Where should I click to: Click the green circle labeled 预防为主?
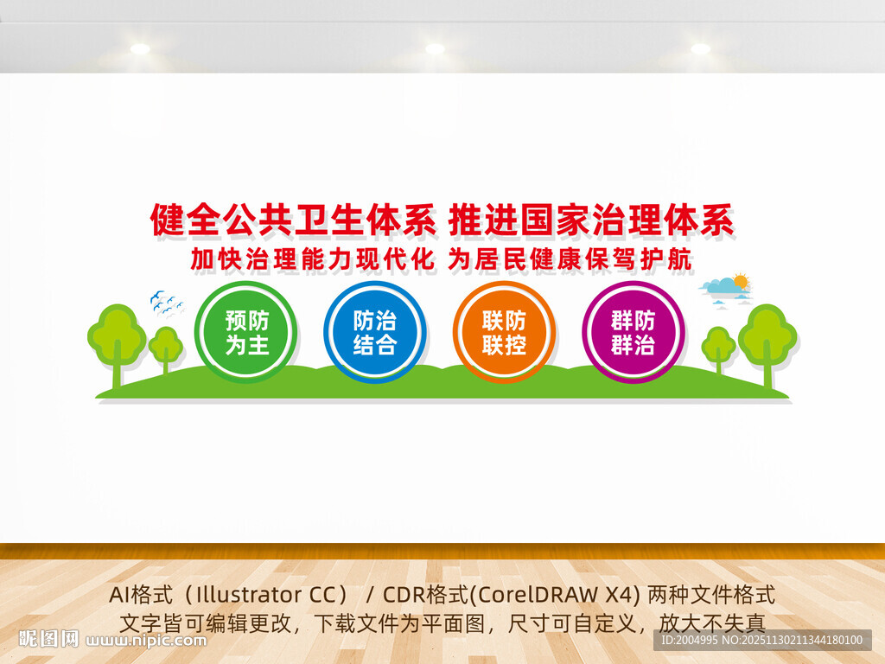point(246,332)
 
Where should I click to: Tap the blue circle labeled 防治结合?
point(375,332)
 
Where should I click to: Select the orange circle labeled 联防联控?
point(504,332)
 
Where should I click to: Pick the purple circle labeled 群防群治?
point(633,332)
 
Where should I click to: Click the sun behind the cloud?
point(741,281)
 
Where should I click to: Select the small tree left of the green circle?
point(165,348)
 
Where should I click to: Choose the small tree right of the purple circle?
point(718,348)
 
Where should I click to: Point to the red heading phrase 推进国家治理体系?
point(591,220)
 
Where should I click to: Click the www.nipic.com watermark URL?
point(148,641)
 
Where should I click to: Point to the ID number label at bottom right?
point(761,641)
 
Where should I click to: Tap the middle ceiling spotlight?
point(435,49)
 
